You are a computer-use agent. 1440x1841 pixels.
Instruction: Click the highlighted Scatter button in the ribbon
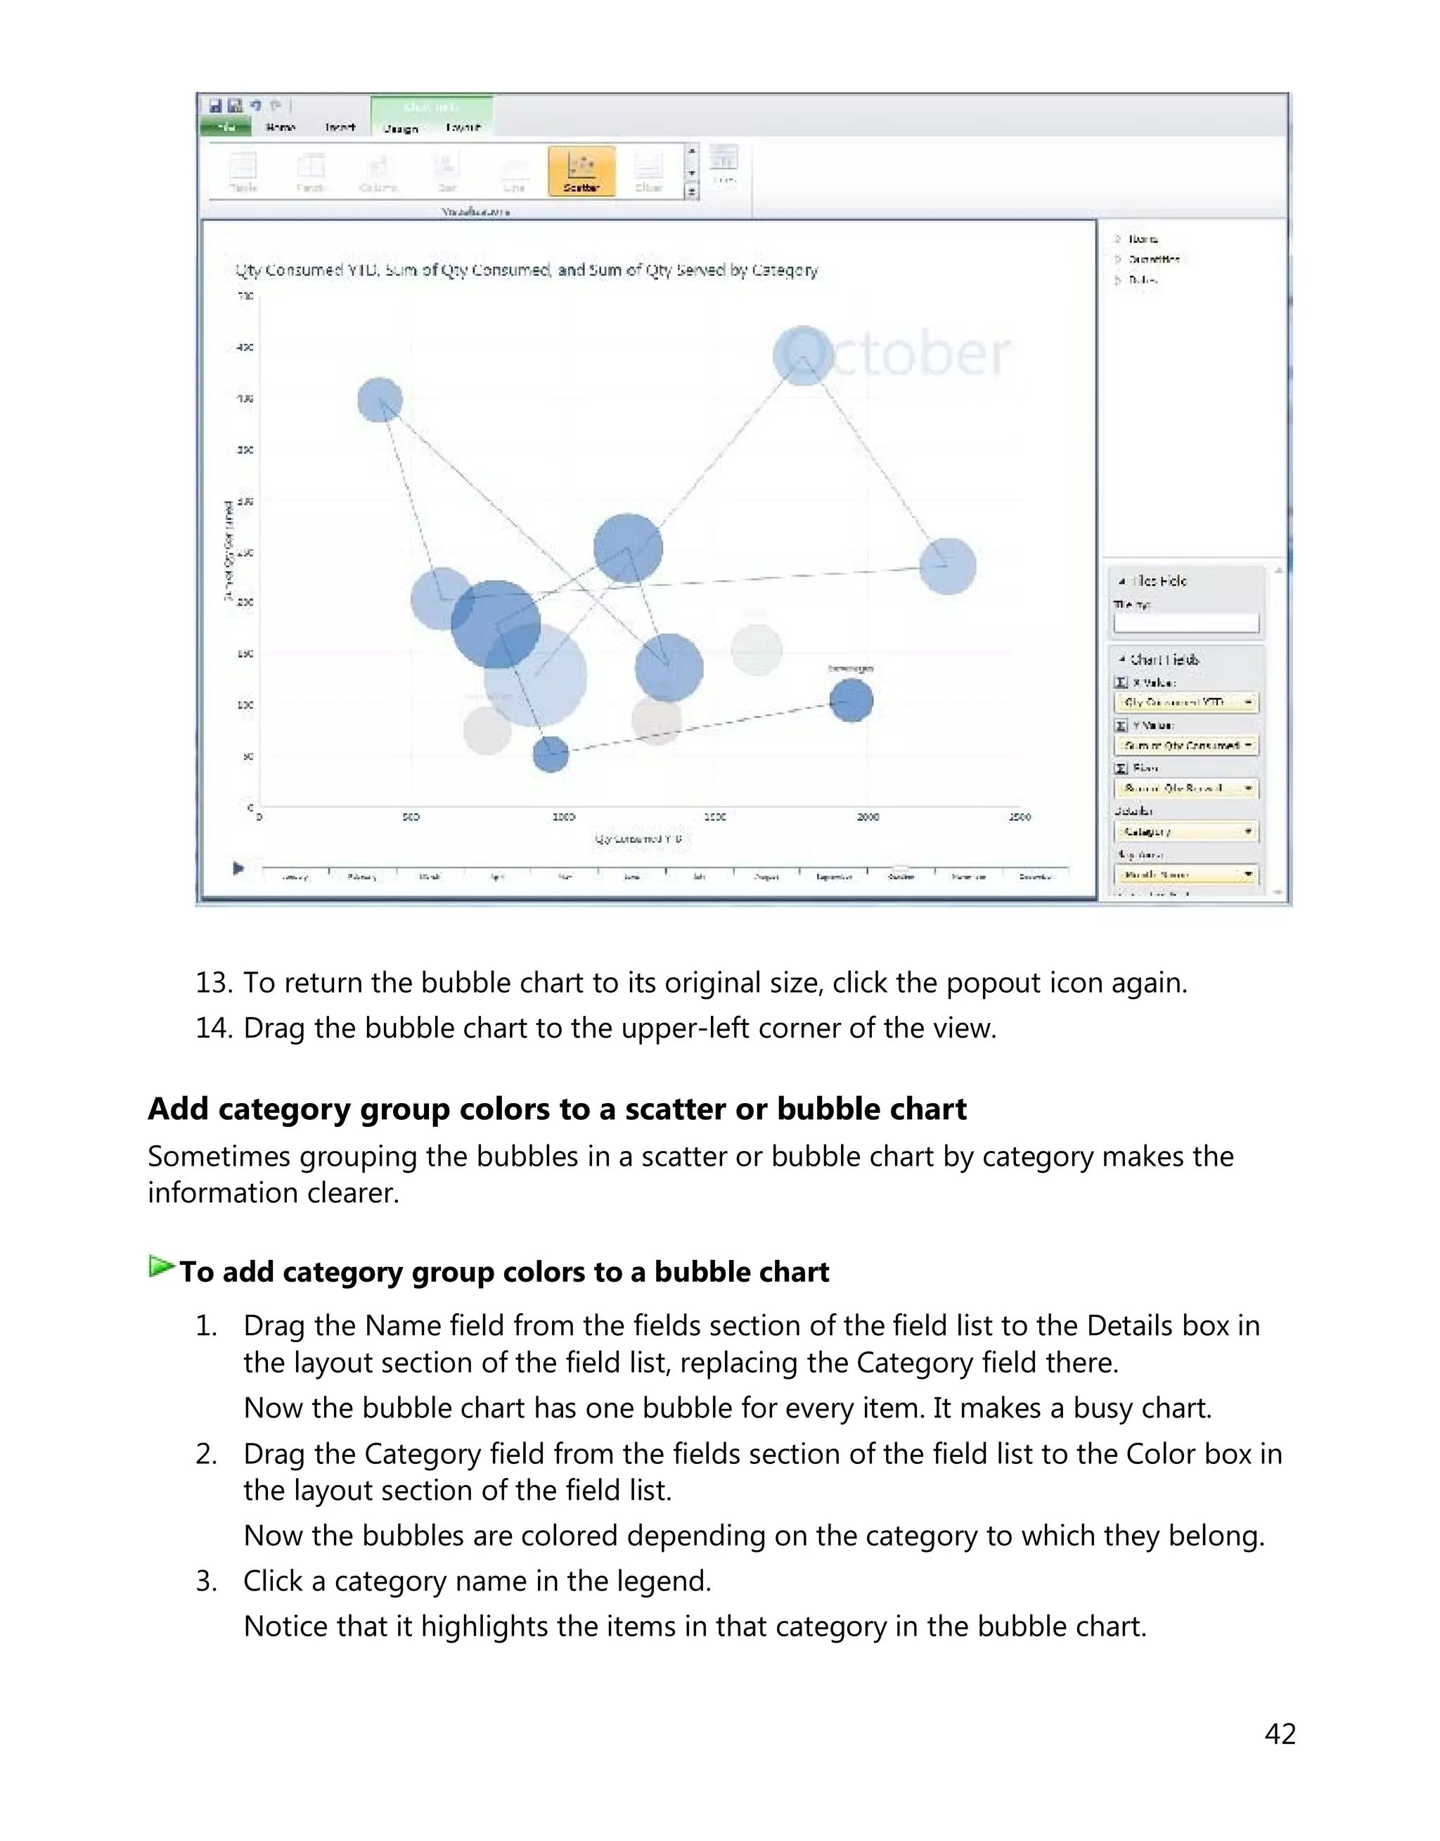[x=581, y=171]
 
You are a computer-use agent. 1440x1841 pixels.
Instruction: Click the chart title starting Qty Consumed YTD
[x=526, y=270]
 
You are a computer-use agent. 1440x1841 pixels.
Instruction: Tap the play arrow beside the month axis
[x=238, y=868]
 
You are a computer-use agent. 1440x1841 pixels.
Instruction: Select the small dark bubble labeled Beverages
[x=851, y=700]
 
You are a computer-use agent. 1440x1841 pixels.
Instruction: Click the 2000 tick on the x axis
[x=868, y=816]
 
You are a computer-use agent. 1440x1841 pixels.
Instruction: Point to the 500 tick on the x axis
[x=411, y=816]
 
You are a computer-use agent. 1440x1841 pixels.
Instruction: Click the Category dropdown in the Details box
[x=1185, y=832]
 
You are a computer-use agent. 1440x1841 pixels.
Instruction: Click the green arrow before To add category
[x=160, y=1267]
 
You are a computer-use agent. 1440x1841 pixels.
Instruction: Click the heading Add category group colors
[x=556, y=1109]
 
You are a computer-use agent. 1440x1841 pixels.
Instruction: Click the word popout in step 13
[x=993, y=983]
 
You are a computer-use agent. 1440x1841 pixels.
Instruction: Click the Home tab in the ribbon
[x=280, y=127]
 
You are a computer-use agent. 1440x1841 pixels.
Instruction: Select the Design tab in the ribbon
[x=401, y=128]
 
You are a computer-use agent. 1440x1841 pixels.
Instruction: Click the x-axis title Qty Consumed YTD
[x=638, y=839]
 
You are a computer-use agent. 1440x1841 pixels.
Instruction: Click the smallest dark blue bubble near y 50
[x=551, y=753]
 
